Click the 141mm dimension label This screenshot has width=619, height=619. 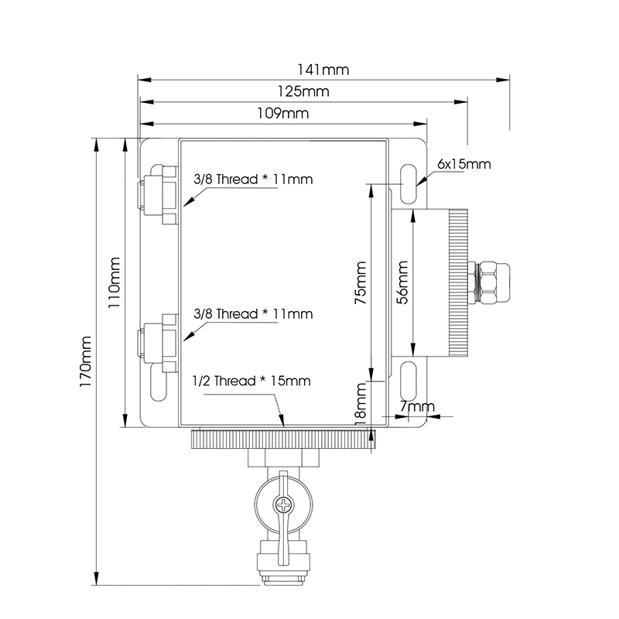323,70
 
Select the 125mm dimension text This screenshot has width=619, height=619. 303,91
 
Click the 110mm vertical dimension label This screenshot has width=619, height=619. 115,283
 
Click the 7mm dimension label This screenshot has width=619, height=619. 419,406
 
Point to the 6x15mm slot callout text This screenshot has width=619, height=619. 464,164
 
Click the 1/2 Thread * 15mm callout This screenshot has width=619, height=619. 251,381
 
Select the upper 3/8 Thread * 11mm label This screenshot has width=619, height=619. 253,180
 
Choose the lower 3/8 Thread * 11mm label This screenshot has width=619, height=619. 253,314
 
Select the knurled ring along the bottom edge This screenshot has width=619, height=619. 282,440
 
